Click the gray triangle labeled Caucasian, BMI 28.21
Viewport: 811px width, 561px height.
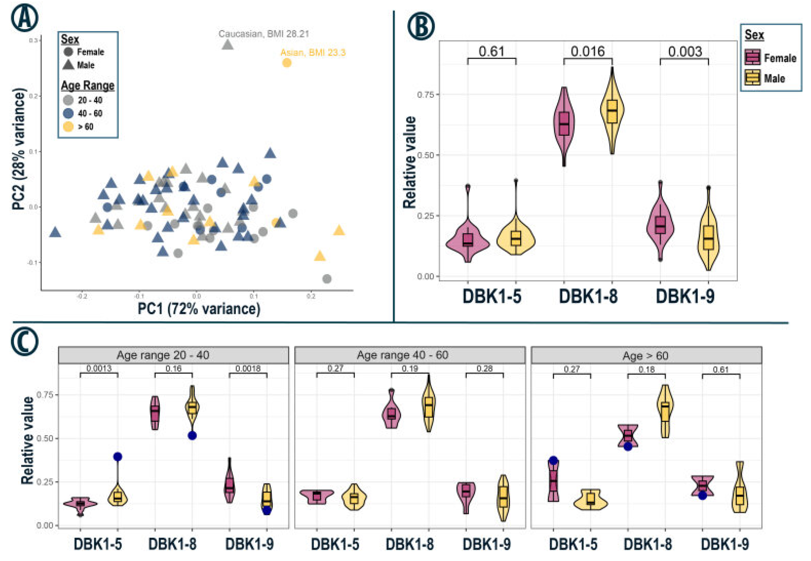pos(228,45)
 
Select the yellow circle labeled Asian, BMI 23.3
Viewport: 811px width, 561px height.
pos(287,63)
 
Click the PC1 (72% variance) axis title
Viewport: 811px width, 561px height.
pos(199,309)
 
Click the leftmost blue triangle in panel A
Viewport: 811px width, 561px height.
pos(55,232)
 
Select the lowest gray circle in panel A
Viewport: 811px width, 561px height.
pos(327,279)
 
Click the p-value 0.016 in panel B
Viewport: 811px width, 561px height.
pos(588,52)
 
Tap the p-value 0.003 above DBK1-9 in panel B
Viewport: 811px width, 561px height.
pos(685,52)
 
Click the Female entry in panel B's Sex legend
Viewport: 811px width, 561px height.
pos(771,58)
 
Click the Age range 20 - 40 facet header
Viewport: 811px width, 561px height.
pos(163,355)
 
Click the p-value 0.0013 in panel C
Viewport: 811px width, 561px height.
pos(99,368)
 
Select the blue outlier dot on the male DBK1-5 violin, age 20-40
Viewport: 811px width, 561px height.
pos(117,457)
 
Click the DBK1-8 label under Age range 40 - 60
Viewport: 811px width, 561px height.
pos(410,545)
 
